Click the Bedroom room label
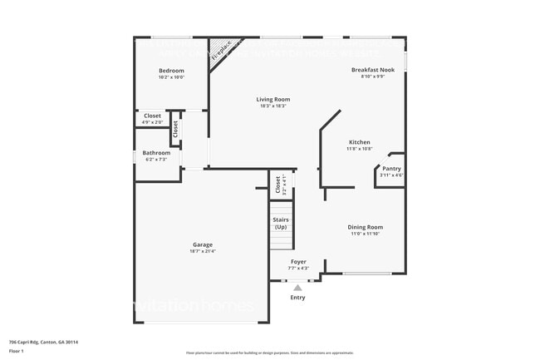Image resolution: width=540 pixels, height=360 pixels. point(171,71)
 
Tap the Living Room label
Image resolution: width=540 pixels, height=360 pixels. point(272,100)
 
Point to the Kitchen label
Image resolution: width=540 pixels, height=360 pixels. point(359,142)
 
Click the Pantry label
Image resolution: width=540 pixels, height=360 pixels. point(391,169)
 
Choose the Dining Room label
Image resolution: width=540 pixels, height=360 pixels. point(365,227)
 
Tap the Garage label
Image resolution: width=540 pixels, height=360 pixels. point(203,244)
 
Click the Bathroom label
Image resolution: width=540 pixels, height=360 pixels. point(156,153)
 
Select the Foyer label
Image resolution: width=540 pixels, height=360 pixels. point(298,262)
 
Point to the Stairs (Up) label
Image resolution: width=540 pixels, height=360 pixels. point(281,223)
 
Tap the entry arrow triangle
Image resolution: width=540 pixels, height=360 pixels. point(297,288)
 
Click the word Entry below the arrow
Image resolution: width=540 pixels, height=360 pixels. point(297,298)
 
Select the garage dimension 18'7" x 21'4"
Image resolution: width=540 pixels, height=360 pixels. point(203,251)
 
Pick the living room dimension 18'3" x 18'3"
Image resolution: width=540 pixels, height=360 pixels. point(272,106)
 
